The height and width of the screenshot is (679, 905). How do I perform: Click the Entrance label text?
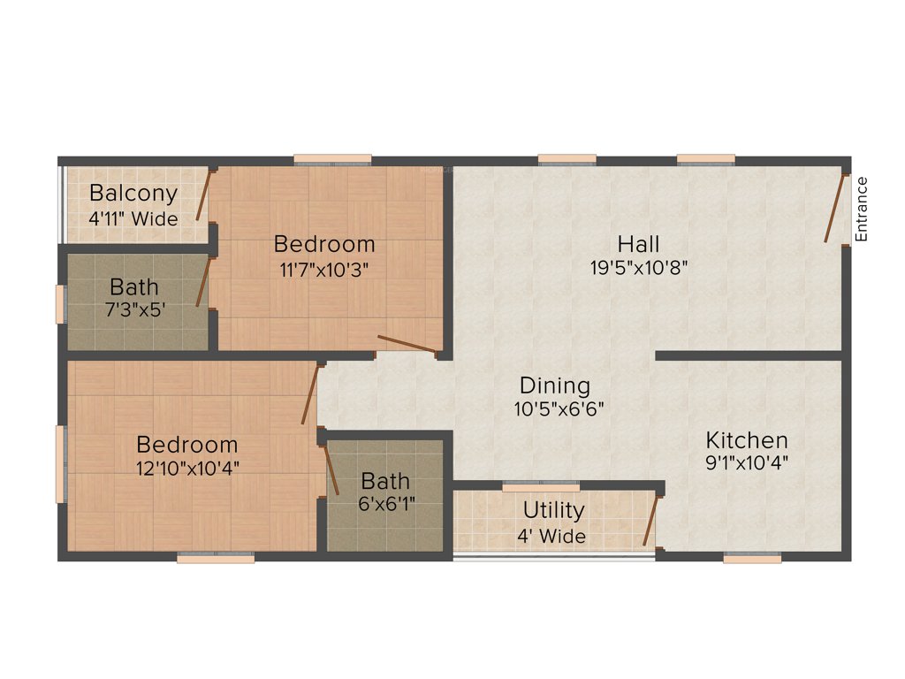pos(862,209)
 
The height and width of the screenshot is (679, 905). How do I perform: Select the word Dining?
pos(554,385)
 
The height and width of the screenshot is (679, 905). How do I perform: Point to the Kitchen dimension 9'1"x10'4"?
pos(747,462)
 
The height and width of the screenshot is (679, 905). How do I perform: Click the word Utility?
pos(553,510)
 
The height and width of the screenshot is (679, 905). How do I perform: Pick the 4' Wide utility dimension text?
pos(551,536)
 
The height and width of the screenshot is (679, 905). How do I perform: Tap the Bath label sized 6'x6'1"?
pos(386,481)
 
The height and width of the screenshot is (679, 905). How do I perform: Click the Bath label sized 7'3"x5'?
pos(134,287)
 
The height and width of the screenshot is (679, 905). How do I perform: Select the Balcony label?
pos(133,193)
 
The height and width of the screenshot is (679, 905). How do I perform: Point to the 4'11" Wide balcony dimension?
pos(133,217)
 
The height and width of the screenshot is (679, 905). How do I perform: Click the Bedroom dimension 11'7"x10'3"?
pos(324,270)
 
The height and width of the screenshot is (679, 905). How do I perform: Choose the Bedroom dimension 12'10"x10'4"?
pos(186,468)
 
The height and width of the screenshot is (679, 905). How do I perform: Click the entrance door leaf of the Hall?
pos(835,209)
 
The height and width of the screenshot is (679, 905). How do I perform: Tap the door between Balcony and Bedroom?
pos(203,195)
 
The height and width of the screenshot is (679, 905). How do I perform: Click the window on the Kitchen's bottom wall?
pos(752,558)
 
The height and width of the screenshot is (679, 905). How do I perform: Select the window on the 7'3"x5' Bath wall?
pos(61,303)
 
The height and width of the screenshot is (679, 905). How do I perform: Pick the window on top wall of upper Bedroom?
pos(332,160)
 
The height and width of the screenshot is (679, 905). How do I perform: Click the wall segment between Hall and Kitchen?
pos(748,355)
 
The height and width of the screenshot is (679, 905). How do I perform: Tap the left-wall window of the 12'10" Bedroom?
pos(61,464)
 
